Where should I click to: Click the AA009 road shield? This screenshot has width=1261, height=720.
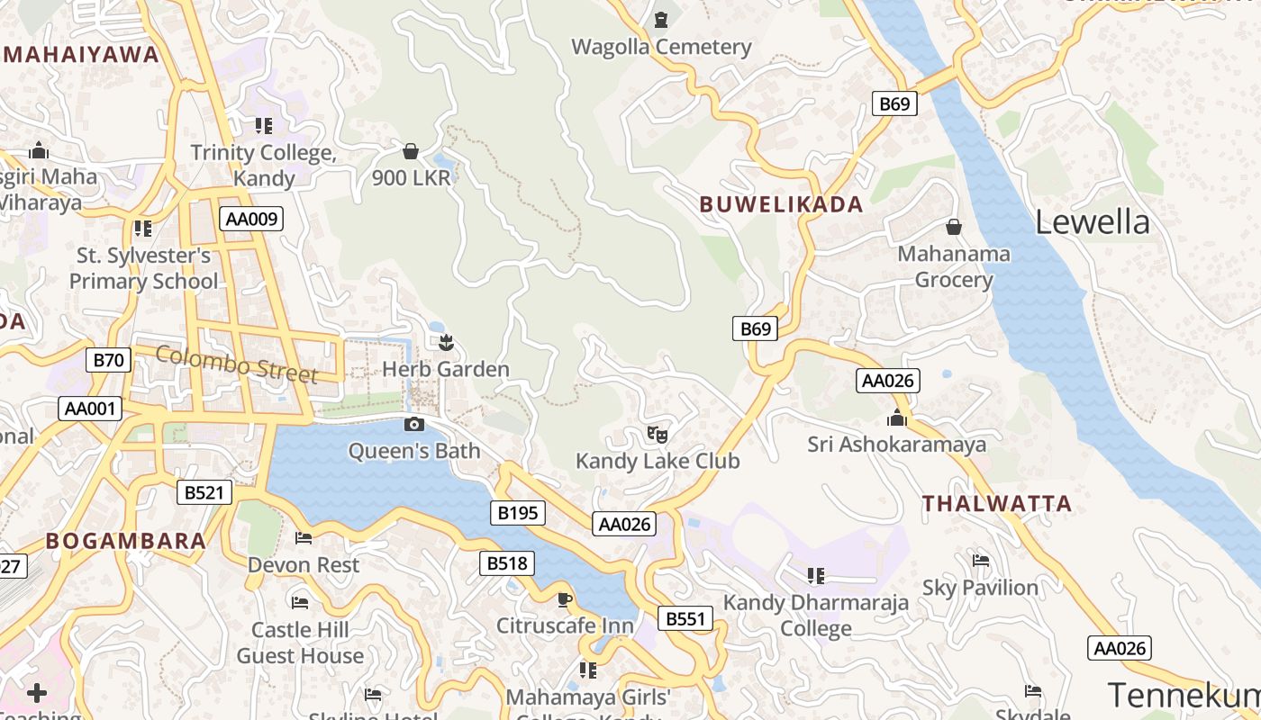point(251,219)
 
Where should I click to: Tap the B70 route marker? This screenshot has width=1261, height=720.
point(109,361)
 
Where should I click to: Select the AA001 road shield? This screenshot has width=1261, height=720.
point(90,409)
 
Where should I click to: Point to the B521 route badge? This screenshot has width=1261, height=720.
point(204,492)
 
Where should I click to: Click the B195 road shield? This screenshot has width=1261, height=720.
point(518,513)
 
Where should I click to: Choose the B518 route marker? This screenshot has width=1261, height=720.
point(507,563)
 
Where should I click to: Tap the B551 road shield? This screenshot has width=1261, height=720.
point(685,619)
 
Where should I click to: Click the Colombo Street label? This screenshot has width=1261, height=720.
point(236,364)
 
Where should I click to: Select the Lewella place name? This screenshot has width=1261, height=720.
point(1092,222)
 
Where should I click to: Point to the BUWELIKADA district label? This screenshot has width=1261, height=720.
point(781,204)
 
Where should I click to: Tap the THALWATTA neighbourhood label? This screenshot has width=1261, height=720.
point(997,504)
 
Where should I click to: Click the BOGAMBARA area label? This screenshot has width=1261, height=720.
point(126,541)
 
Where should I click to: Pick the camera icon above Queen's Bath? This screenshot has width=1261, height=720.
point(414,424)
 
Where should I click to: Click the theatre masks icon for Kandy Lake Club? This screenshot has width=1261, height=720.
point(658,434)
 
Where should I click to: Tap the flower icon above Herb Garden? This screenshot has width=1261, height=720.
point(446,342)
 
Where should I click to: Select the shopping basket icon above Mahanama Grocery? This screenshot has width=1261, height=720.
point(953,227)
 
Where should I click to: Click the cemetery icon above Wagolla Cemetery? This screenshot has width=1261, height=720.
point(661,19)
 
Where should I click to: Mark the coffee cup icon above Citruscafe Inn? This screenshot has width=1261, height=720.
point(565,599)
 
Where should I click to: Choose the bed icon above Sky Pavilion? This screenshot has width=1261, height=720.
point(981,561)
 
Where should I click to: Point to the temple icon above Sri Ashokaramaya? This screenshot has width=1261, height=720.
point(896,418)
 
